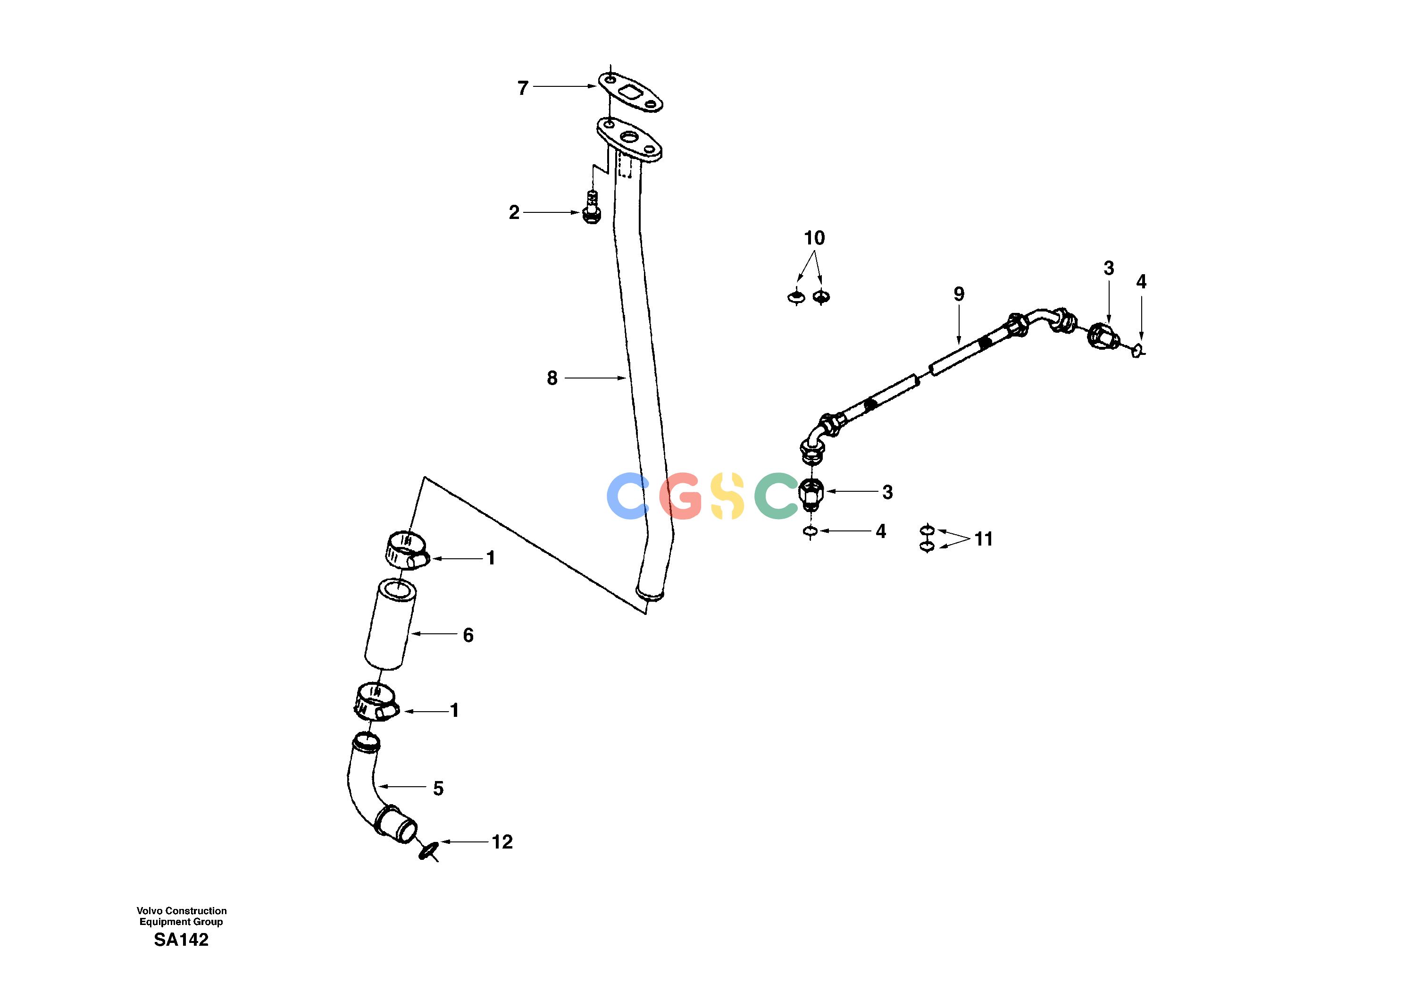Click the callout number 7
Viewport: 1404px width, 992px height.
click(x=523, y=89)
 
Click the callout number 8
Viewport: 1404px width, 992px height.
click(x=552, y=378)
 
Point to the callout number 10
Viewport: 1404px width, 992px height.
click(x=814, y=238)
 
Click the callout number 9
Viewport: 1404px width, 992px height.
click(x=959, y=294)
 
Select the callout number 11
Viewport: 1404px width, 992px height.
click(x=983, y=539)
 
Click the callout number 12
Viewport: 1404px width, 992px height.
click(x=502, y=842)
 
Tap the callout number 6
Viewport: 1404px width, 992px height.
click(x=468, y=635)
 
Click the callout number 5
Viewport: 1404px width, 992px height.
click(x=438, y=789)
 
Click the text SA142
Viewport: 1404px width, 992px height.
click(x=181, y=940)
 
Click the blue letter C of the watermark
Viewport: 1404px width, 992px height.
click(x=627, y=496)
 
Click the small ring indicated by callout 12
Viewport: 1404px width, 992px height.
click(x=429, y=849)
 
